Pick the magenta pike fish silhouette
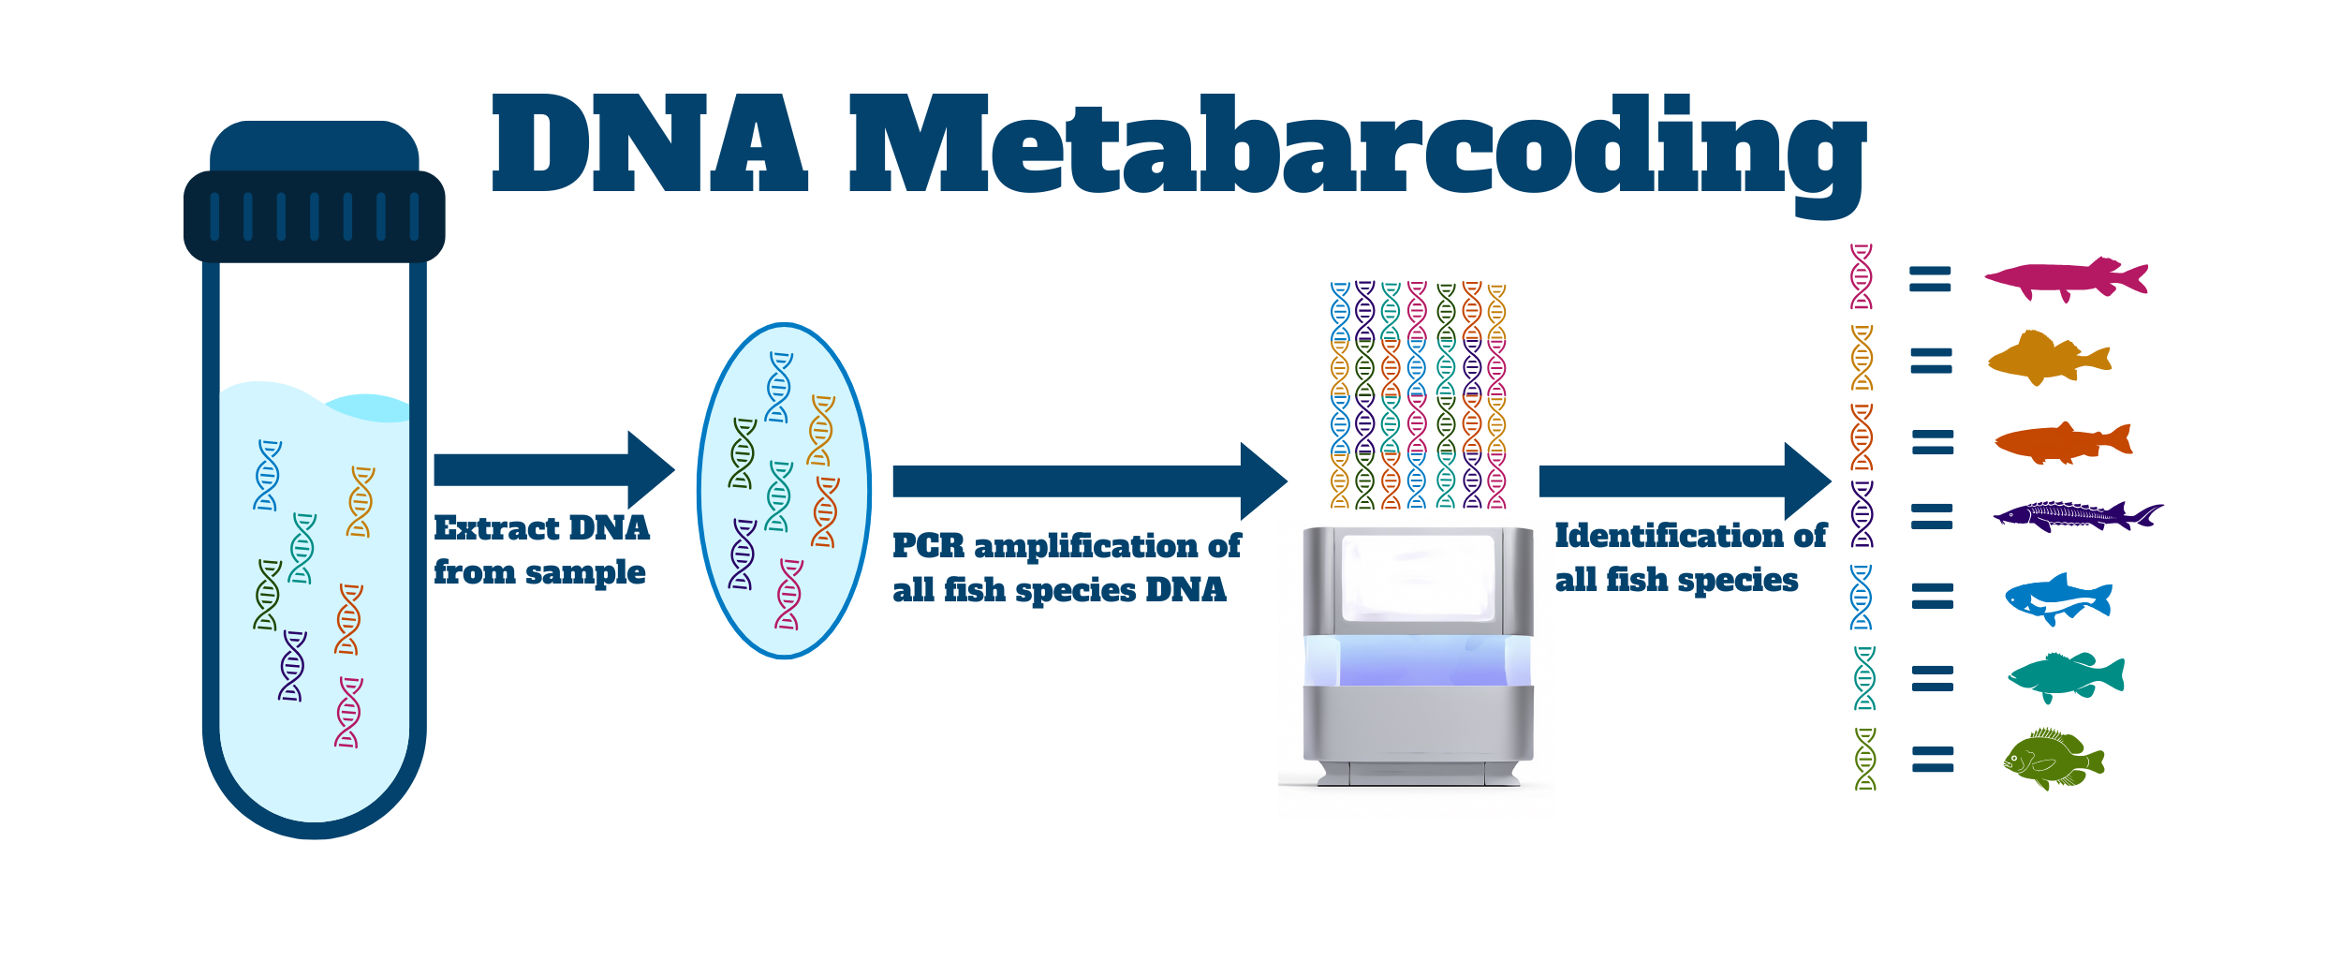click(x=2065, y=278)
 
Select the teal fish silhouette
click(x=2066, y=676)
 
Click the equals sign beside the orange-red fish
click(x=1933, y=442)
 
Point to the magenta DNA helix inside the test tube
click(x=348, y=713)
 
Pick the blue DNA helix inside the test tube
click(x=267, y=475)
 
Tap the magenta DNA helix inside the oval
click(x=789, y=594)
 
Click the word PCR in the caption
click(x=928, y=546)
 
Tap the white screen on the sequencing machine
click(x=1418, y=576)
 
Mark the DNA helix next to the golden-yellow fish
click(x=1862, y=358)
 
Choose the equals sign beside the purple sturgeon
click(x=1932, y=517)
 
